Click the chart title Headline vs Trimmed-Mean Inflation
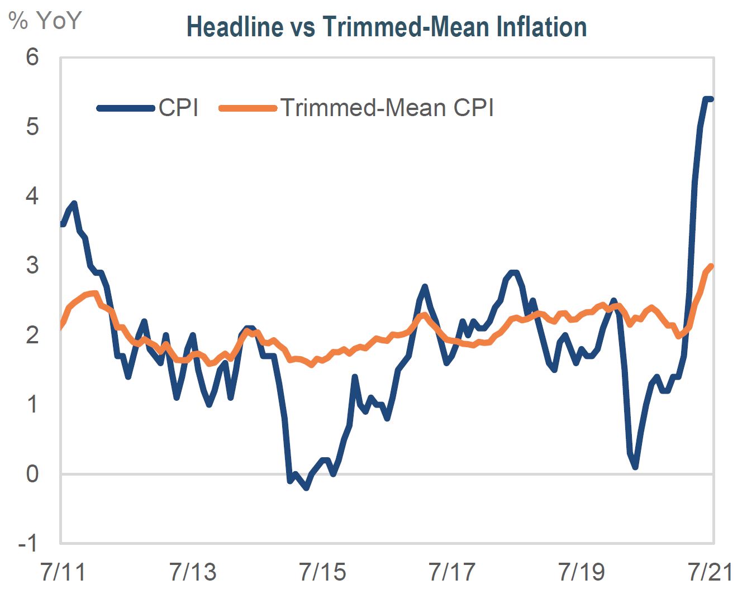pos(387,27)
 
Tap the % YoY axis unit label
pos(45,21)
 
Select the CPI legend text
pos(178,108)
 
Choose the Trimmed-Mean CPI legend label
pos(387,108)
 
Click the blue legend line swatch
pos(126,108)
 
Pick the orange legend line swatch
pos(248,108)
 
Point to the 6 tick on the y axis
pos(32,57)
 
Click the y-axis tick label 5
pos(32,127)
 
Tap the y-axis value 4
pos(32,196)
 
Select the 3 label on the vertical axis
pos(32,265)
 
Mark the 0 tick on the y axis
pos(32,474)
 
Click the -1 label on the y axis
pos(28,543)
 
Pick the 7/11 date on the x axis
pos(63,572)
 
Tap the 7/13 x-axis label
pos(193,572)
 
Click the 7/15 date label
pos(322,572)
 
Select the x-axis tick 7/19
pos(582,572)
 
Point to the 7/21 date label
pos(710,572)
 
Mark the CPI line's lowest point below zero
pos(306,488)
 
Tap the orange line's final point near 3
pos(711,266)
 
